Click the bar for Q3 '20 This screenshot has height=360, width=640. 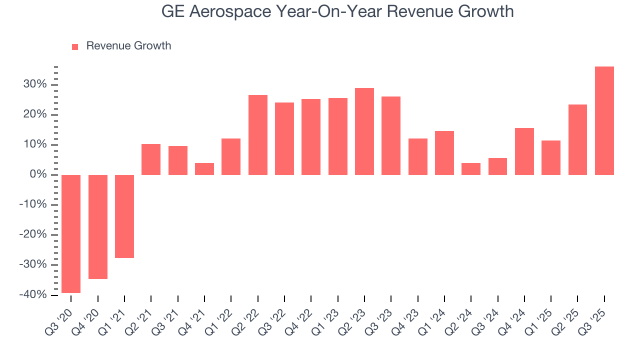pyautogui.click(x=71, y=233)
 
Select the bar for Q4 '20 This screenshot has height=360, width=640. pyautogui.click(x=98, y=226)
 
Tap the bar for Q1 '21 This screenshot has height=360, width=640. pyautogui.click(x=124, y=216)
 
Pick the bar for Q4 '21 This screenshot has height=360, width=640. pyautogui.click(x=204, y=169)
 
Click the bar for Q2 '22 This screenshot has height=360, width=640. pyautogui.click(x=258, y=135)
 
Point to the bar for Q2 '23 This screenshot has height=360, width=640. pyautogui.click(x=364, y=131)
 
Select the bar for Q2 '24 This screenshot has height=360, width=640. pyautogui.click(x=471, y=169)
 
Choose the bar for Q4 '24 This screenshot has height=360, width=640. pyautogui.click(x=524, y=151)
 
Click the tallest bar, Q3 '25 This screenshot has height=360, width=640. pyautogui.click(x=604, y=120)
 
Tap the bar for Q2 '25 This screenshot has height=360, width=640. pyautogui.click(x=577, y=139)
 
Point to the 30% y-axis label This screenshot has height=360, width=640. pyautogui.click(x=34, y=84)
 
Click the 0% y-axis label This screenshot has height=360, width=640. pyautogui.click(x=38, y=174)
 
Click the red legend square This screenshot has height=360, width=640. pyautogui.click(x=75, y=46)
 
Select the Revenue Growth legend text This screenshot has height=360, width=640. pyautogui.click(x=128, y=46)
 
